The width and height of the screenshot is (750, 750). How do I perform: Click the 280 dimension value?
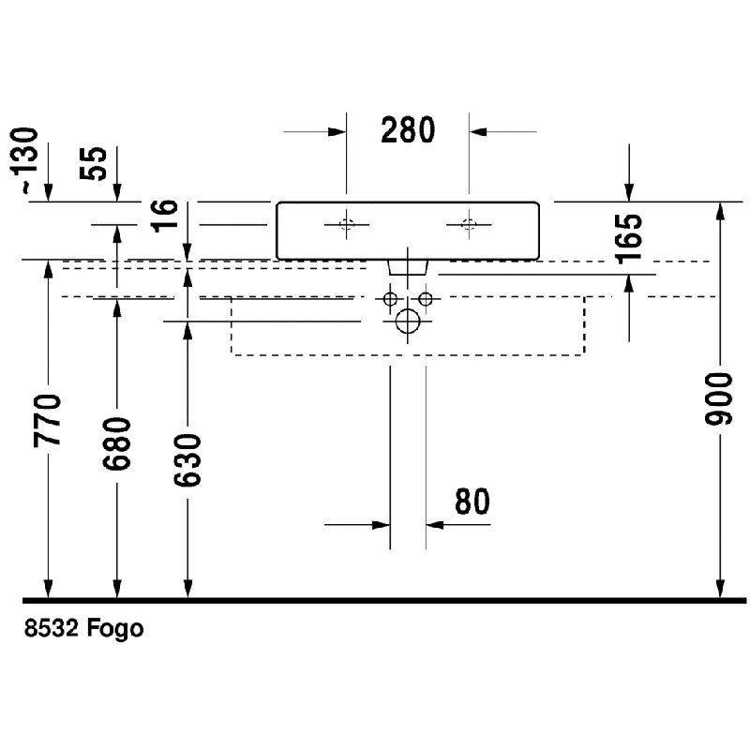click(x=408, y=130)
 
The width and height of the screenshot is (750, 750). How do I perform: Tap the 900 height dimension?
click(x=718, y=399)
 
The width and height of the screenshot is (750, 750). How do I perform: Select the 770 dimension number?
click(x=48, y=420)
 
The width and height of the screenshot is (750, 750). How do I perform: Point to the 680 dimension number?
click(x=116, y=443)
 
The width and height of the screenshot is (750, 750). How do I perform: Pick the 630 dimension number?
click(x=187, y=460)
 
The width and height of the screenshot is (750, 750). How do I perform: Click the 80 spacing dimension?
click(x=472, y=502)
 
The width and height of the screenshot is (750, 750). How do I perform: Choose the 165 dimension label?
click(x=629, y=239)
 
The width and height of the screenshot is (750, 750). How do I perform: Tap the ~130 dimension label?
click(x=24, y=160)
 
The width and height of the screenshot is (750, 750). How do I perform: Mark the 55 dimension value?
click(x=93, y=163)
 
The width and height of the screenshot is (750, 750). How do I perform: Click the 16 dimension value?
click(x=165, y=216)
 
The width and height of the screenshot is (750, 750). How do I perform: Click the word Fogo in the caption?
click(x=114, y=628)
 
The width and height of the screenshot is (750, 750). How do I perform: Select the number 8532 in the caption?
click(x=52, y=628)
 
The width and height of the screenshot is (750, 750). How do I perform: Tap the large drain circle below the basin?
click(x=408, y=321)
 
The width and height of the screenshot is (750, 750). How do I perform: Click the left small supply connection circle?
click(x=390, y=299)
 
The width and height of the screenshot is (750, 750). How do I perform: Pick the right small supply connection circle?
click(x=426, y=299)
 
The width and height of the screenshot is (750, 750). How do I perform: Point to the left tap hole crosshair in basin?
click(x=346, y=224)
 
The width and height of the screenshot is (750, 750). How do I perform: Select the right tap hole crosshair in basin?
click(x=469, y=224)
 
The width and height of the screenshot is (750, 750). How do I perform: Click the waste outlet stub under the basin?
click(x=408, y=267)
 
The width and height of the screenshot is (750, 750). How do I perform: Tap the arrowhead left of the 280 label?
click(x=337, y=132)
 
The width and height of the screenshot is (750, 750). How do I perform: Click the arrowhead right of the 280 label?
click(x=478, y=132)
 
